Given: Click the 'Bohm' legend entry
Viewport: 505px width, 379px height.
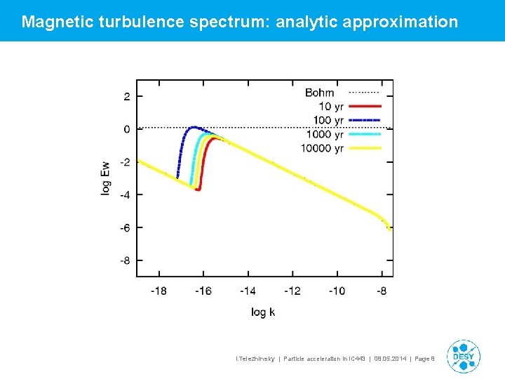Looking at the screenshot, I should click(320, 93).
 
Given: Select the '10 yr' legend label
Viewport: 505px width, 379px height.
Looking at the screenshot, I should click(330, 107).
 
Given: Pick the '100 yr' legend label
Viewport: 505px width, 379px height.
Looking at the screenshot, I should click(328, 120).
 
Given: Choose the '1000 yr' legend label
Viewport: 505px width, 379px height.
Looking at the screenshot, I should click(325, 134).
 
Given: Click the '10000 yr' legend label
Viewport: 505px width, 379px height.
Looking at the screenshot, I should click(322, 148).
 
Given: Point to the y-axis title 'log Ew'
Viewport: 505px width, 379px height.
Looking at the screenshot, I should click(106, 178).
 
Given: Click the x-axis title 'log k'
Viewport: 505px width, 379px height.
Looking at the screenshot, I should click(263, 312).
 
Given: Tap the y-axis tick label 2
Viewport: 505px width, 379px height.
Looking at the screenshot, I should click(127, 96).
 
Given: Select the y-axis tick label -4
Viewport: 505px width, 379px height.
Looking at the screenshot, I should click(124, 194).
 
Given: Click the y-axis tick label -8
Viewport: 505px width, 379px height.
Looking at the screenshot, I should click(124, 260).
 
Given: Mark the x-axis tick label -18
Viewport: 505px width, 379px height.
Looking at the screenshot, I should click(159, 291).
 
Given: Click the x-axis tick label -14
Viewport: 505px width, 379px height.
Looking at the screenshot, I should click(248, 291).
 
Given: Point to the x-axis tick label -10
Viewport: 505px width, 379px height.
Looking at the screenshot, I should click(337, 291).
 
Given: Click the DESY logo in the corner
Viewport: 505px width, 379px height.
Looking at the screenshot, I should click(463, 357).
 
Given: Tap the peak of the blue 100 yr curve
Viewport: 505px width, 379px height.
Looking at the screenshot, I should click(194, 128).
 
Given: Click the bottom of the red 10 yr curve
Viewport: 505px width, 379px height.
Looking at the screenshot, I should click(198, 189).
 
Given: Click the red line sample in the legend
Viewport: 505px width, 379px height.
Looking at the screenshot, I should click(364, 107).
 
